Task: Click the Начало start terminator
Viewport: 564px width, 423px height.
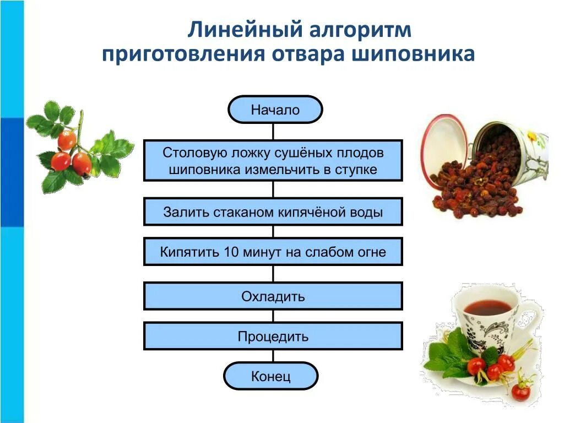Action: point(275,110)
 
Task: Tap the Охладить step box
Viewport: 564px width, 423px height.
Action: point(273,296)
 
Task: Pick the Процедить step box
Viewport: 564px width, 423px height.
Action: point(273,336)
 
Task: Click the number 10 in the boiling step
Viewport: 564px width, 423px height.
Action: point(230,252)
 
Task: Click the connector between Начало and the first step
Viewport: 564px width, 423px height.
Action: point(273,131)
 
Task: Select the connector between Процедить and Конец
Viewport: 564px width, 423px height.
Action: point(273,356)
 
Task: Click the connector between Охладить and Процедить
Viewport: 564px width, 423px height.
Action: point(273,316)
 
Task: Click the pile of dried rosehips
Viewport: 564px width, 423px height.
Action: point(474,182)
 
